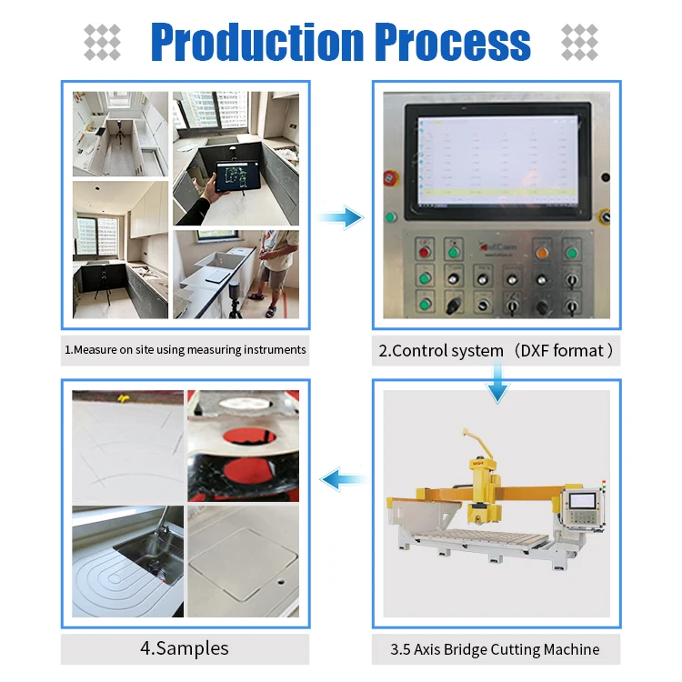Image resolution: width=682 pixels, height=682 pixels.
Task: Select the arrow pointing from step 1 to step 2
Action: pos(341,216)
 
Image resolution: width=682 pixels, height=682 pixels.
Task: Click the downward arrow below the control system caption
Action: pos(496,383)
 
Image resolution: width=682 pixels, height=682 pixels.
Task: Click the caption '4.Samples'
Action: pos(184,648)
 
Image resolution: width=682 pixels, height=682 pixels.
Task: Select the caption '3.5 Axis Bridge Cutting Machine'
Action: pos(496,649)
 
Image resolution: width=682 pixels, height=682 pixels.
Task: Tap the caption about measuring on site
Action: pos(185,348)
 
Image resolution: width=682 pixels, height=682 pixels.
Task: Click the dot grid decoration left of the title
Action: pos(102,42)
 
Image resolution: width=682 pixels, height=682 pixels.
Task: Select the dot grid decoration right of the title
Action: pos(579,42)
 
